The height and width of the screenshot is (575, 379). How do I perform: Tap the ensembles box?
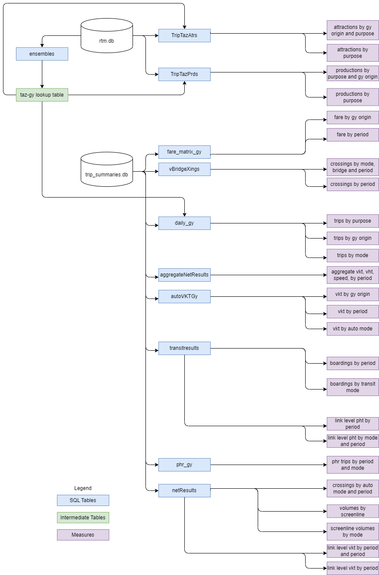[42, 54]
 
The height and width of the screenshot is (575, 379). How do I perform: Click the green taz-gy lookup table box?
[42, 95]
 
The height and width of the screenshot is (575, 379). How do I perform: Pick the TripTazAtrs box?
[184, 35]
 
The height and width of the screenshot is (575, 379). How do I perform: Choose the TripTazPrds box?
[184, 74]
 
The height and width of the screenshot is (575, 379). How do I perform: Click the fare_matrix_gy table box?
[184, 152]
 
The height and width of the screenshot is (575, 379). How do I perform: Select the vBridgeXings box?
[184, 169]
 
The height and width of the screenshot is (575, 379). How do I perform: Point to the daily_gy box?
[184, 223]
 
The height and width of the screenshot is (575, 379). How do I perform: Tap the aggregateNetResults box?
[184, 275]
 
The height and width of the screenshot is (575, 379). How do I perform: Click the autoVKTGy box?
[184, 296]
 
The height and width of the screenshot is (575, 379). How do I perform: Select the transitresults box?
[184, 348]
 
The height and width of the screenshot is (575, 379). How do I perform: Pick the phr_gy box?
[184, 465]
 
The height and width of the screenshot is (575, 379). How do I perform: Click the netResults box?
[184, 490]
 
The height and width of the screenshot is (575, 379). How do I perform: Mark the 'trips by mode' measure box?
[353, 255]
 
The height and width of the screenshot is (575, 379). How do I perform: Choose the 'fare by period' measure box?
[353, 135]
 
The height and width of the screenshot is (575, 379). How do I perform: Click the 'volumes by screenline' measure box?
[353, 511]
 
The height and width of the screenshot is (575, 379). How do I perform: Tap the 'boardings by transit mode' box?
[353, 387]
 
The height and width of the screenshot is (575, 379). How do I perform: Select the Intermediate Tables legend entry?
[83, 518]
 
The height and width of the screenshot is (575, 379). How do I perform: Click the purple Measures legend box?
[83, 535]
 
